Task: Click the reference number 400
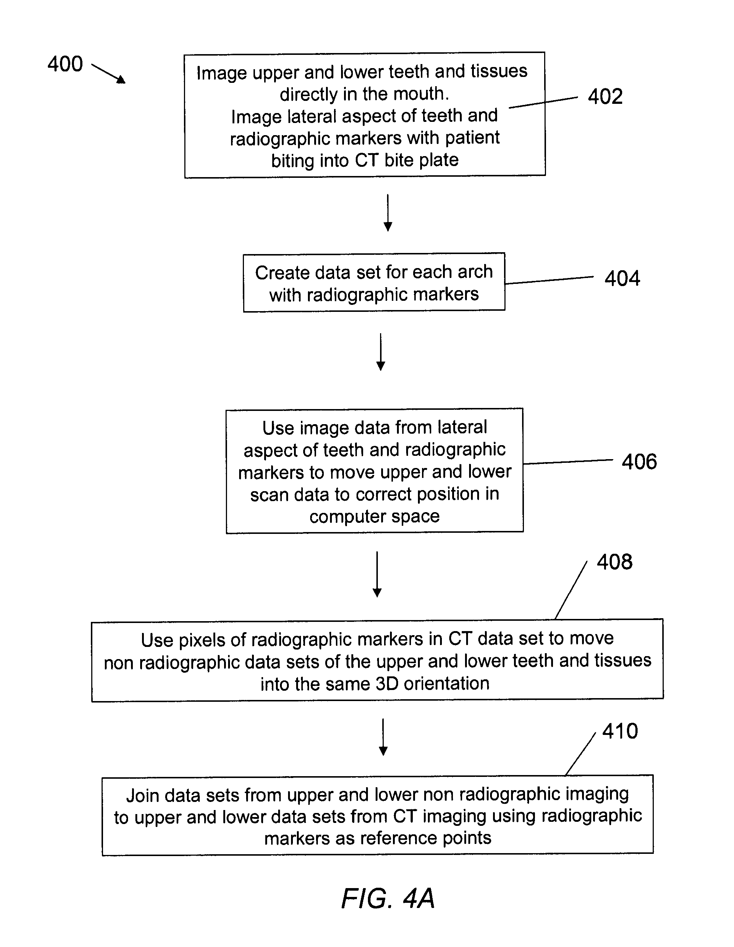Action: click(x=65, y=64)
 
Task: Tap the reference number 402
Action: click(x=605, y=96)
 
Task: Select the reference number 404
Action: click(x=622, y=278)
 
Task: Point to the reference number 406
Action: click(x=639, y=462)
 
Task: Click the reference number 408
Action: click(x=614, y=562)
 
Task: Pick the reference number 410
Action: click(x=620, y=731)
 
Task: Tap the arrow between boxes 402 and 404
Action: click(x=388, y=212)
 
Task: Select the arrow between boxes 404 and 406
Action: click(x=380, y=352)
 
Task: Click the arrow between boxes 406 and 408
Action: click(x=377, y=574)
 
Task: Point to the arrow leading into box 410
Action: click(x=383, y=737)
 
